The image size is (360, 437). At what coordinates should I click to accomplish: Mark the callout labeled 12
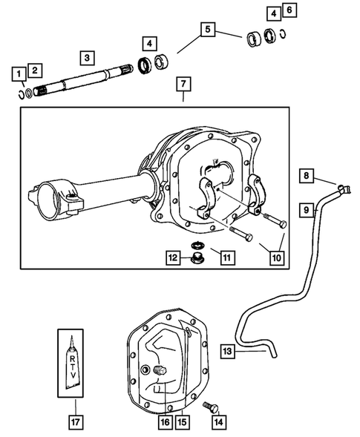pos(172,257)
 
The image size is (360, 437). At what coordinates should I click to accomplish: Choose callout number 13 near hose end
pos(229,349)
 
